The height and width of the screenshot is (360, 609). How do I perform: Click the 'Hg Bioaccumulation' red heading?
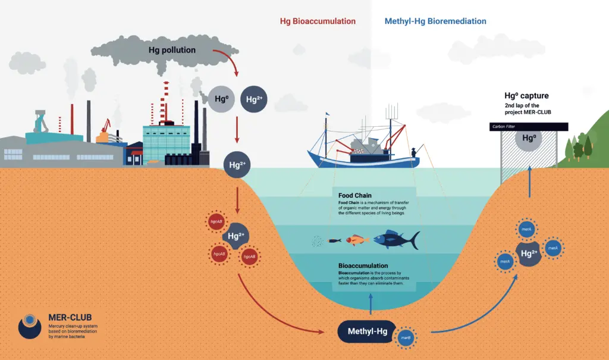[318, 21]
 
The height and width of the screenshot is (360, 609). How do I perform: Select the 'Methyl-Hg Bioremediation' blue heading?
[435, 21]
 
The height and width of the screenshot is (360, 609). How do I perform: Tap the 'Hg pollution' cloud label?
[172, 50]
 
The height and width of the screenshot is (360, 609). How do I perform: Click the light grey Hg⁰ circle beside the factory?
[221, 99]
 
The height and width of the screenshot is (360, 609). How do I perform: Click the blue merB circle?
[406, 338]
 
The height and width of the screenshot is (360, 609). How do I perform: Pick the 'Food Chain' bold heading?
[355, 195]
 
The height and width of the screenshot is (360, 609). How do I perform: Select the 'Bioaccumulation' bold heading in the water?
[363, 265]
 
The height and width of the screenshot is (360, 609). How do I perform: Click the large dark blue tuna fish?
[396, 240]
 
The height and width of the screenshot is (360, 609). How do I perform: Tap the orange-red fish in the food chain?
[354, 239]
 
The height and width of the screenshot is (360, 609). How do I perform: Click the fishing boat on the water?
[363, 149]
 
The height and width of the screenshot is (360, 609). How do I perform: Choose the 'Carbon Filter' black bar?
[528, 127]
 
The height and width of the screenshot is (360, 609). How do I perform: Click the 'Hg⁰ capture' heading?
[526, 95]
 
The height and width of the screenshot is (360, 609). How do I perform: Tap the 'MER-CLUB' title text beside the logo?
[70, 317]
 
